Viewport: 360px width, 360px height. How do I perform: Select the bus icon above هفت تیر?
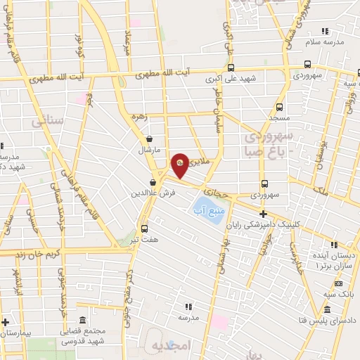coord(144,229)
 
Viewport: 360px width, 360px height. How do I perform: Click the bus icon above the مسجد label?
coord(280,108)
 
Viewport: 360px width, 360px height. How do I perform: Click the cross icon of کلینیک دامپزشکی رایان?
coord(264,214)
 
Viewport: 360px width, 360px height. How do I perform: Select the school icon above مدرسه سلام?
coord(325,31)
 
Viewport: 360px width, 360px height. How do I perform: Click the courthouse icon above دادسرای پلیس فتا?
coord(328,309)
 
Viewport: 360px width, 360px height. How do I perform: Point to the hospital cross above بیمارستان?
coord(6,321)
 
